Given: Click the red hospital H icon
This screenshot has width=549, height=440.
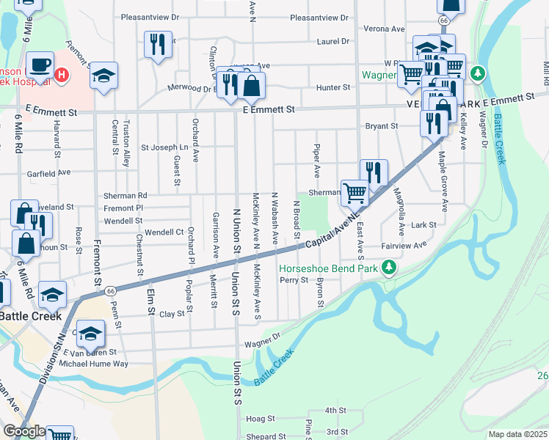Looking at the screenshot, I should click(62, 75).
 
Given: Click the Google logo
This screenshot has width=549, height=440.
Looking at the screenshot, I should click(24, 431).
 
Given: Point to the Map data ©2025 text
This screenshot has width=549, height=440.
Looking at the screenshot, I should click(518, 434).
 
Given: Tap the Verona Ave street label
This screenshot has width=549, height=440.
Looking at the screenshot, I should click(388, 29).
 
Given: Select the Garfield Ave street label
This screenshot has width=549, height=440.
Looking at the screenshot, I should click(48, 172).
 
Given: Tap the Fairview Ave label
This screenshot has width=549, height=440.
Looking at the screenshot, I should click(404, 246).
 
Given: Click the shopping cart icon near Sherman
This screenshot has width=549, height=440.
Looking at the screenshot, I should click(355, 192).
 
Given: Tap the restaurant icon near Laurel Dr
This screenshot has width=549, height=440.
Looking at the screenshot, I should click(157, 44).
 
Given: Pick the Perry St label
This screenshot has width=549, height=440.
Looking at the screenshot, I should click(293, 280).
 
